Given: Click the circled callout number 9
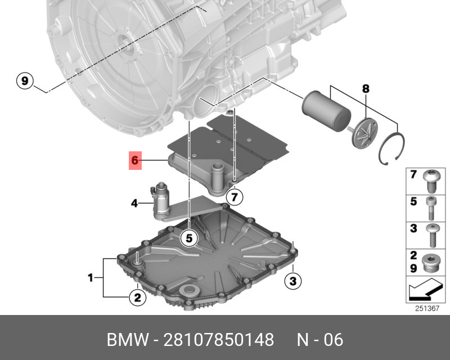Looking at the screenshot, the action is pyautogui.click(x=25, y=80).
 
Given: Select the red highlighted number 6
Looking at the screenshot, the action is pyautogui.click(x=135, y=160).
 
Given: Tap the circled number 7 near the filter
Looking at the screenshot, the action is pyautogui.click(x=235, y=197).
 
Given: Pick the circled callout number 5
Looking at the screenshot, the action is pyautogui.click(x=189, y=238).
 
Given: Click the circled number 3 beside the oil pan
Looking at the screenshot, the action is pyautogui.click(x=292, y=281).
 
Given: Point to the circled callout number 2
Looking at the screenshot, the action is pyautogui.click(x=138, y=298).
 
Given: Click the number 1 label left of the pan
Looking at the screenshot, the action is pyautogui.click(x=91, y=278).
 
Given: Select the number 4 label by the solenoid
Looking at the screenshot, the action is pyautogui.click(x=134, y=204).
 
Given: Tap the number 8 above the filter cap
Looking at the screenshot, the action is pyautogui.click(x=366, y=89).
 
